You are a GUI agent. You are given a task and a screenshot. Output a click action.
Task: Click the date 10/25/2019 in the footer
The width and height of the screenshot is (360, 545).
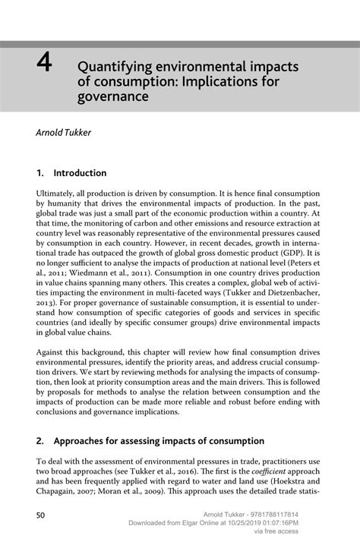(x=269, y=523)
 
